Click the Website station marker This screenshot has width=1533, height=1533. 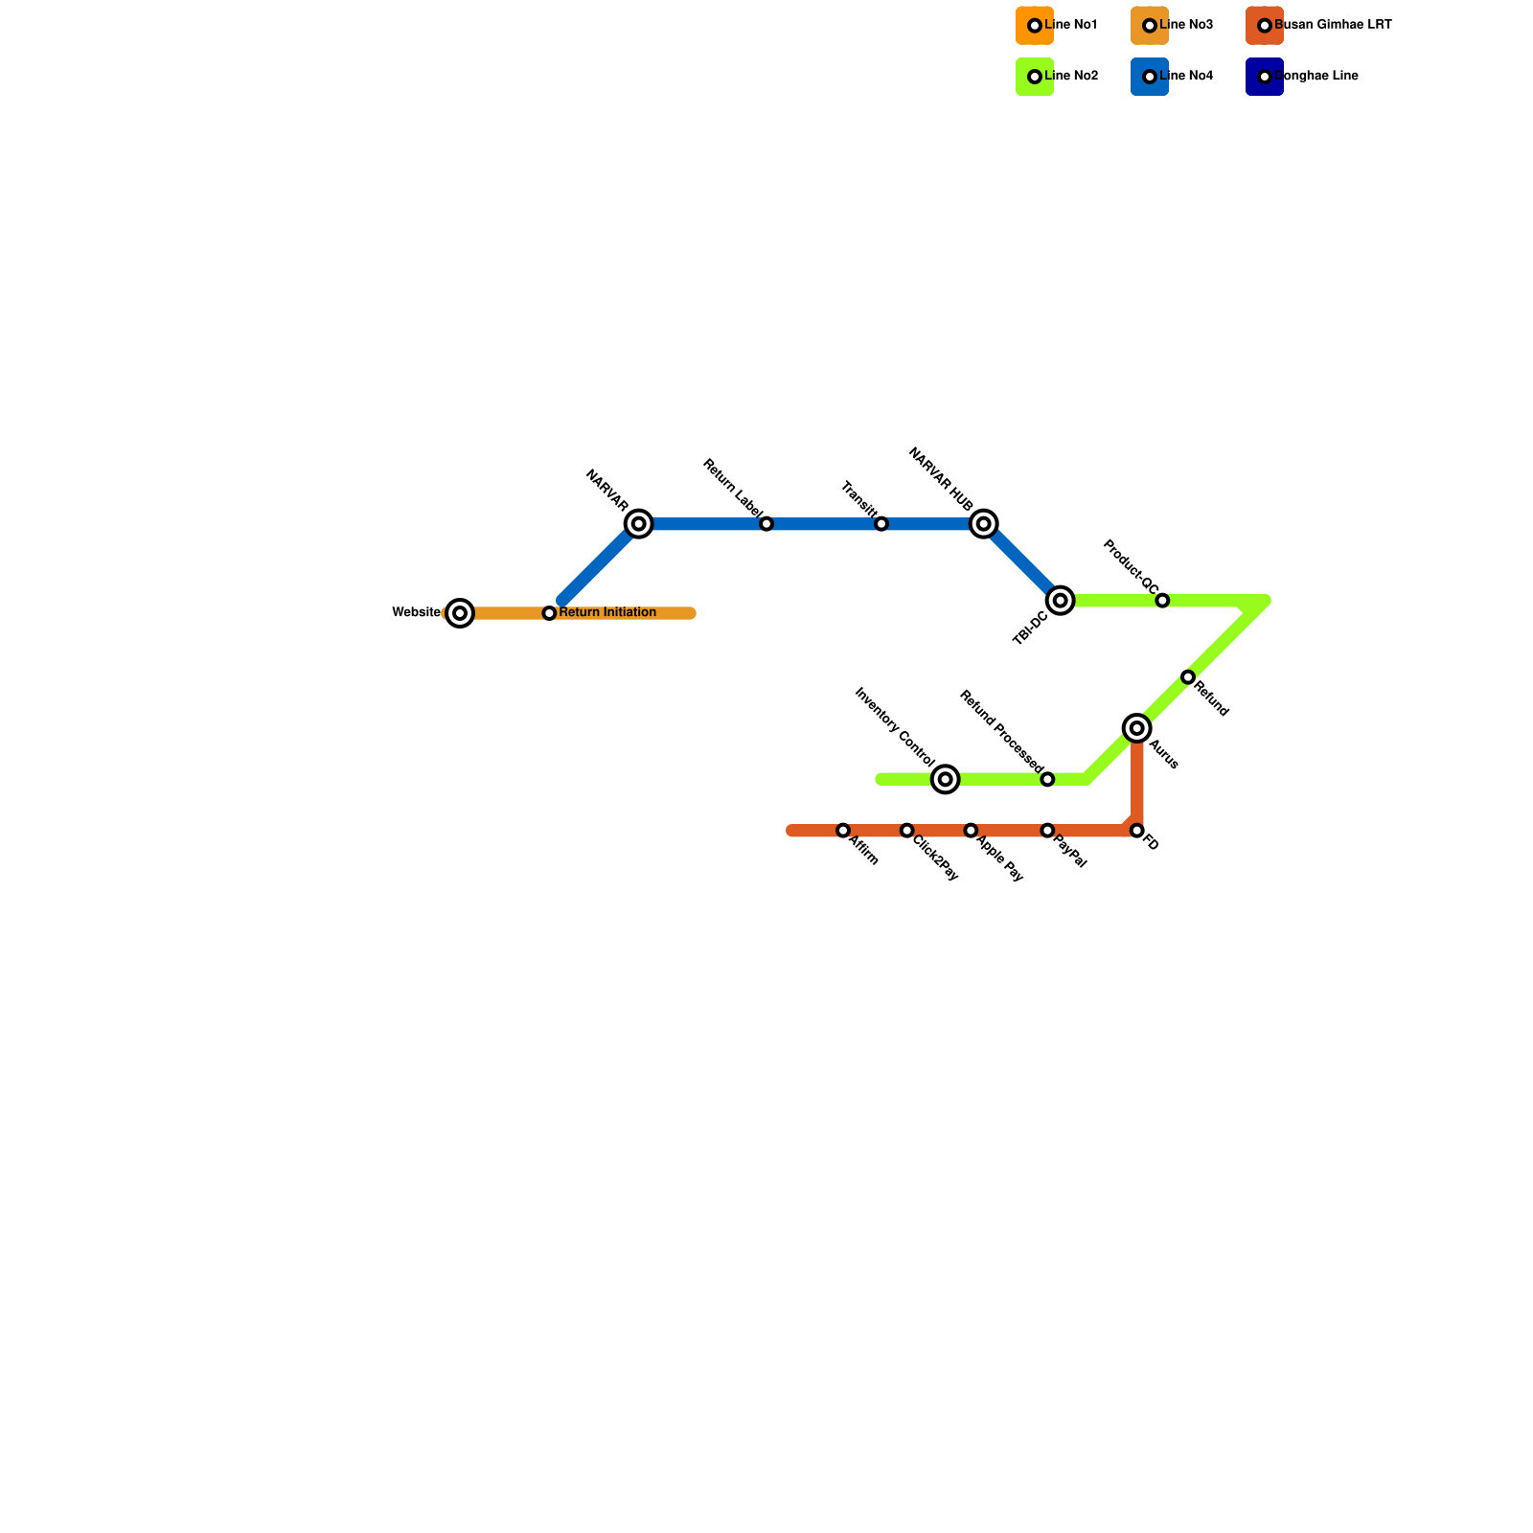pyautogui.click(x=460, y=613)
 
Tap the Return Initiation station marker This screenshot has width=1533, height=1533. pyautogui.click(x=549, y=613)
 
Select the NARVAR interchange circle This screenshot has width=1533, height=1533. pyautogui.click(x=639, y=524)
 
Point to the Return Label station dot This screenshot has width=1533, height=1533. pyautogui.click(x=766, y=524)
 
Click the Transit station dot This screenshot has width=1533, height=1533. pyautogui.click(x=881, y=524)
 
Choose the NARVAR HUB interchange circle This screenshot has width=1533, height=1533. pyautogui.click(x=984, y=524)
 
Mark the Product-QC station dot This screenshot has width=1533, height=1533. pyautogui.click(x=1162, y=601)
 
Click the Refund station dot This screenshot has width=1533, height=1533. pyautogui.click(x=1188, y=677)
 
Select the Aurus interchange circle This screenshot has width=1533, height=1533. pyautogui.click(x=1137, y=729)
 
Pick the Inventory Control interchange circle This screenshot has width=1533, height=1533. pyautogui.click(x=946, y=780)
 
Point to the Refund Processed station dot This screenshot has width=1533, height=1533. pyautogui.click(x=1047, y=780)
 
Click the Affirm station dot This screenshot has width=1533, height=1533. pyautogui.click(x=843, y=831)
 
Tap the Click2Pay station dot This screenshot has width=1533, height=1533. pyautogui.click(x=907, y=831)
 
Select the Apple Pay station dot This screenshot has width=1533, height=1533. pyautogui.click(x=971, y=831)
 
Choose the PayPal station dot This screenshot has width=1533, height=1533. pyautogui.click(x=1047, y=831)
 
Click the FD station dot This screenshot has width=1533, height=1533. pyautogui.click(x=1137, y=831)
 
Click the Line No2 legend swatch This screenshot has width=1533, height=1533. pyautogui.click(x=1035, y=77)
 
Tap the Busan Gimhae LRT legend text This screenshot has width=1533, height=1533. pyautogui.click(x=1333, y=25)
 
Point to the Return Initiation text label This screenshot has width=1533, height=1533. pyautogui.click(x=607, y=613)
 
